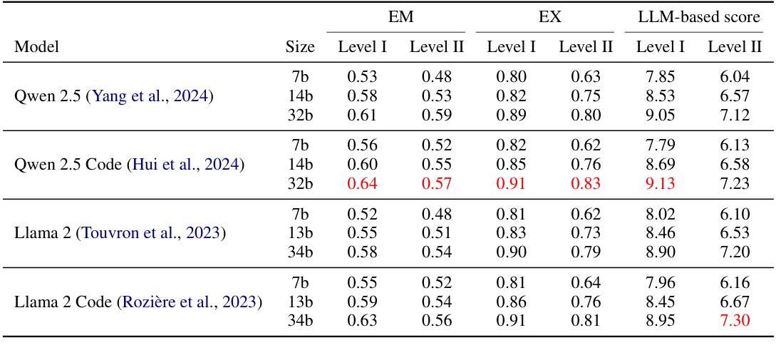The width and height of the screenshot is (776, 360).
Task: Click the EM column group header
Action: click(400, 17)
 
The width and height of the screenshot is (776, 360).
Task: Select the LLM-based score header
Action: click(699, 17)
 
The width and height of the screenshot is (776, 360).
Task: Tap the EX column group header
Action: click(549, 17)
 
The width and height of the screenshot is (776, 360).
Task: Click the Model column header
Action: click(36, 47)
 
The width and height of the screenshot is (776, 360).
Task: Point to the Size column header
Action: click(300, 47)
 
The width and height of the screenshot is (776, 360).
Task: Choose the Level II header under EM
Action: click(437, 47)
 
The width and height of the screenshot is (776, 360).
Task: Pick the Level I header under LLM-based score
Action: click(661, 47)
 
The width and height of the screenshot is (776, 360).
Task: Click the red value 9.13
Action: click(661, 183)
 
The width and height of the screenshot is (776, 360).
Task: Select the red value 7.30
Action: click(735, 320)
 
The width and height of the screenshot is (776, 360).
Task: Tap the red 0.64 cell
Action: click(362, 183)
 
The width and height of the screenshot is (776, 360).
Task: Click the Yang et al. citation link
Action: click(151, 96)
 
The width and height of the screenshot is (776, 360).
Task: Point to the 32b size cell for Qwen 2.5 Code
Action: click(300, 183)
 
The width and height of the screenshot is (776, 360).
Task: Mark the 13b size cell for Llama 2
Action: click(300, 233)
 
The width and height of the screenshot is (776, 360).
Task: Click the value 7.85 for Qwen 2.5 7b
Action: click(661, 77)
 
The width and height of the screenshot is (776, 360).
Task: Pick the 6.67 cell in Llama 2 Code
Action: click(735, 302)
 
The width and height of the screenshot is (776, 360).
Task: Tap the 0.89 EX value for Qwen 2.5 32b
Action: click(511, 114)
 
